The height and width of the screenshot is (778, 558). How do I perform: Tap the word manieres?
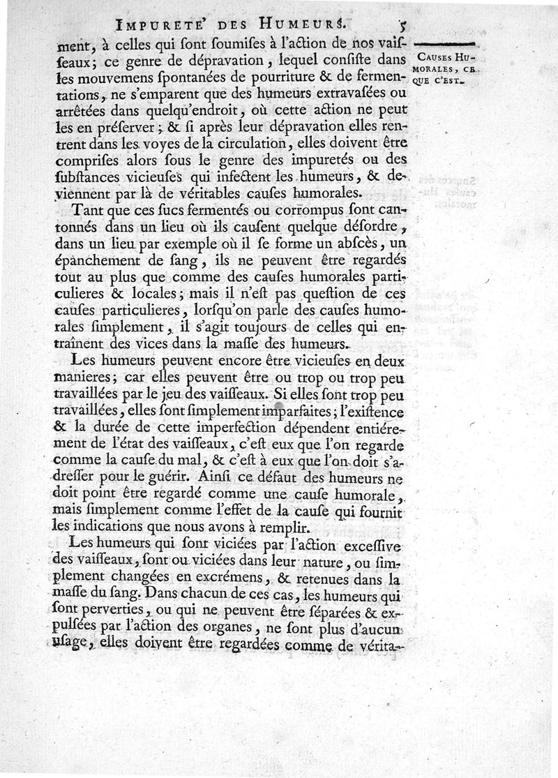103,378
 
